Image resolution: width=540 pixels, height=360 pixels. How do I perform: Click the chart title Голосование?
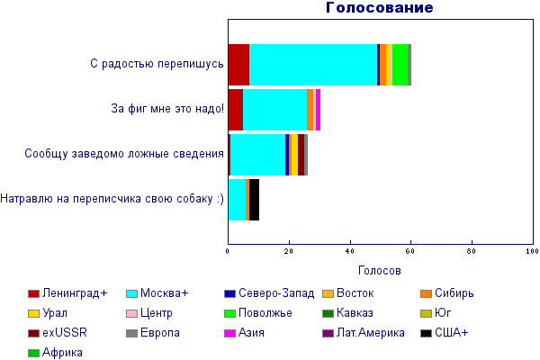click(380, 7)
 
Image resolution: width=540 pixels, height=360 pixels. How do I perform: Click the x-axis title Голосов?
click(380, 270)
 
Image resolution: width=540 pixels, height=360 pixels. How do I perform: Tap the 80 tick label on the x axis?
click(472, 251)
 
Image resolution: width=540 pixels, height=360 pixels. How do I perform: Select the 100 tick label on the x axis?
click(533, 251)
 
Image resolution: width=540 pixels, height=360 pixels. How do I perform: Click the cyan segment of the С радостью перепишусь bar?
click(313, 65)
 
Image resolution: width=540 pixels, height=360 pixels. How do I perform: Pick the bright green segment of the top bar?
click(400, 65)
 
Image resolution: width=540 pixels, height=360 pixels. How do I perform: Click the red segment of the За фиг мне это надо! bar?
click(236, 110)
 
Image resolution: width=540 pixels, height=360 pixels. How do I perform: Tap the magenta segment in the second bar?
click(319, 110)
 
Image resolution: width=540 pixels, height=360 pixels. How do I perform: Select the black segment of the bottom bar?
click(254, 200)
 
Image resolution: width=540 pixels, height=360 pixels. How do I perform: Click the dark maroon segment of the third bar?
click(301, 155)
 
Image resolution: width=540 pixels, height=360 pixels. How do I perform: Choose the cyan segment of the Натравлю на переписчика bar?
click(237, 200)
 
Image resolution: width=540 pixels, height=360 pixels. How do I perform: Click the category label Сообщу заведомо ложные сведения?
click(124, 154)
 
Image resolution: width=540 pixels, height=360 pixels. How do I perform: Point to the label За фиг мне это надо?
click(167, 109)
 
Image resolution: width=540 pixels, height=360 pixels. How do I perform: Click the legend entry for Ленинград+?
click(67, 293)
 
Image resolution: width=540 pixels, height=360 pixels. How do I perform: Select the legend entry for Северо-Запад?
click(269, 293)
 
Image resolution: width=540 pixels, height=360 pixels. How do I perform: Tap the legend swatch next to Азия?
click(229, 334)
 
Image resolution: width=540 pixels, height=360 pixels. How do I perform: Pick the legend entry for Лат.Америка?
click(364, 333)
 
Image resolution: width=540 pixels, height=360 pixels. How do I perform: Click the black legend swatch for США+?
click(426, 334)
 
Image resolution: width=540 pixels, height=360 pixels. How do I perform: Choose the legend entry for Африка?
click(55, 353)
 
